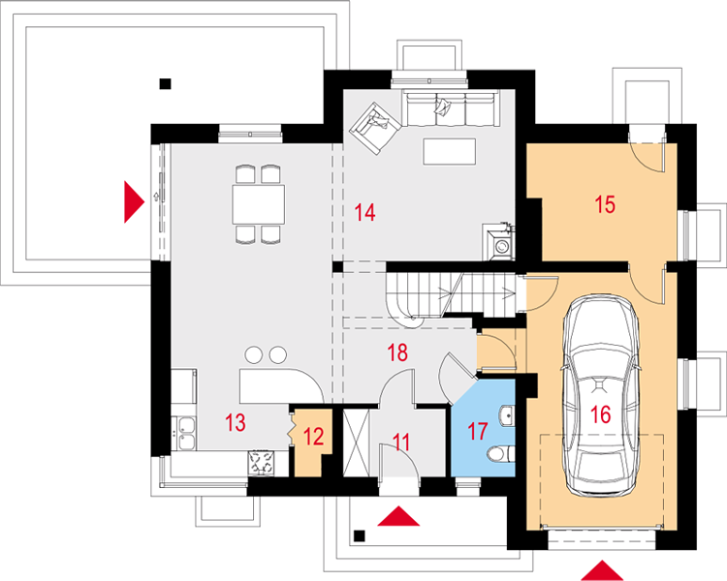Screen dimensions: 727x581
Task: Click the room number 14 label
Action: click(364, 212)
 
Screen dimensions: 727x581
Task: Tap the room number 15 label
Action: click(605, 204)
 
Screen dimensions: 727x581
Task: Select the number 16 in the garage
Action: click(600, 414)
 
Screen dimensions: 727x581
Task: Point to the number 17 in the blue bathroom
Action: click(478, 431)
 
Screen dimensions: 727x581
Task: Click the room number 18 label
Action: click(397, 352)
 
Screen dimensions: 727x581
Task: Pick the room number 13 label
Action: click(236, 422)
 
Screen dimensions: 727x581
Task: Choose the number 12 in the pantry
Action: click(313, 437)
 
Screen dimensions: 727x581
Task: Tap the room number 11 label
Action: click(401, 442)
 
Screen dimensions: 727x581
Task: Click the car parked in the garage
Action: click(600, 395)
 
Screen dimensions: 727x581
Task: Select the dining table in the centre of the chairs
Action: click(258, 204)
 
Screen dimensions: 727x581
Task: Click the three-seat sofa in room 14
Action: click(450, 108)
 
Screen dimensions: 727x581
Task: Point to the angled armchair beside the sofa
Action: click(374, 129)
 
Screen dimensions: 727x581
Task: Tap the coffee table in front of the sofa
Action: click(449, 151)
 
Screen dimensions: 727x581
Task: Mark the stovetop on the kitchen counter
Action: click(261, 463)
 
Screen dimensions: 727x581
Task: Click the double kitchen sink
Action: click(184, 433)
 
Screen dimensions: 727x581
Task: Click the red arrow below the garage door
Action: click(602, 570)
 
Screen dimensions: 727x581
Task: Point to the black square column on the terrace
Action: click(165, 84)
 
